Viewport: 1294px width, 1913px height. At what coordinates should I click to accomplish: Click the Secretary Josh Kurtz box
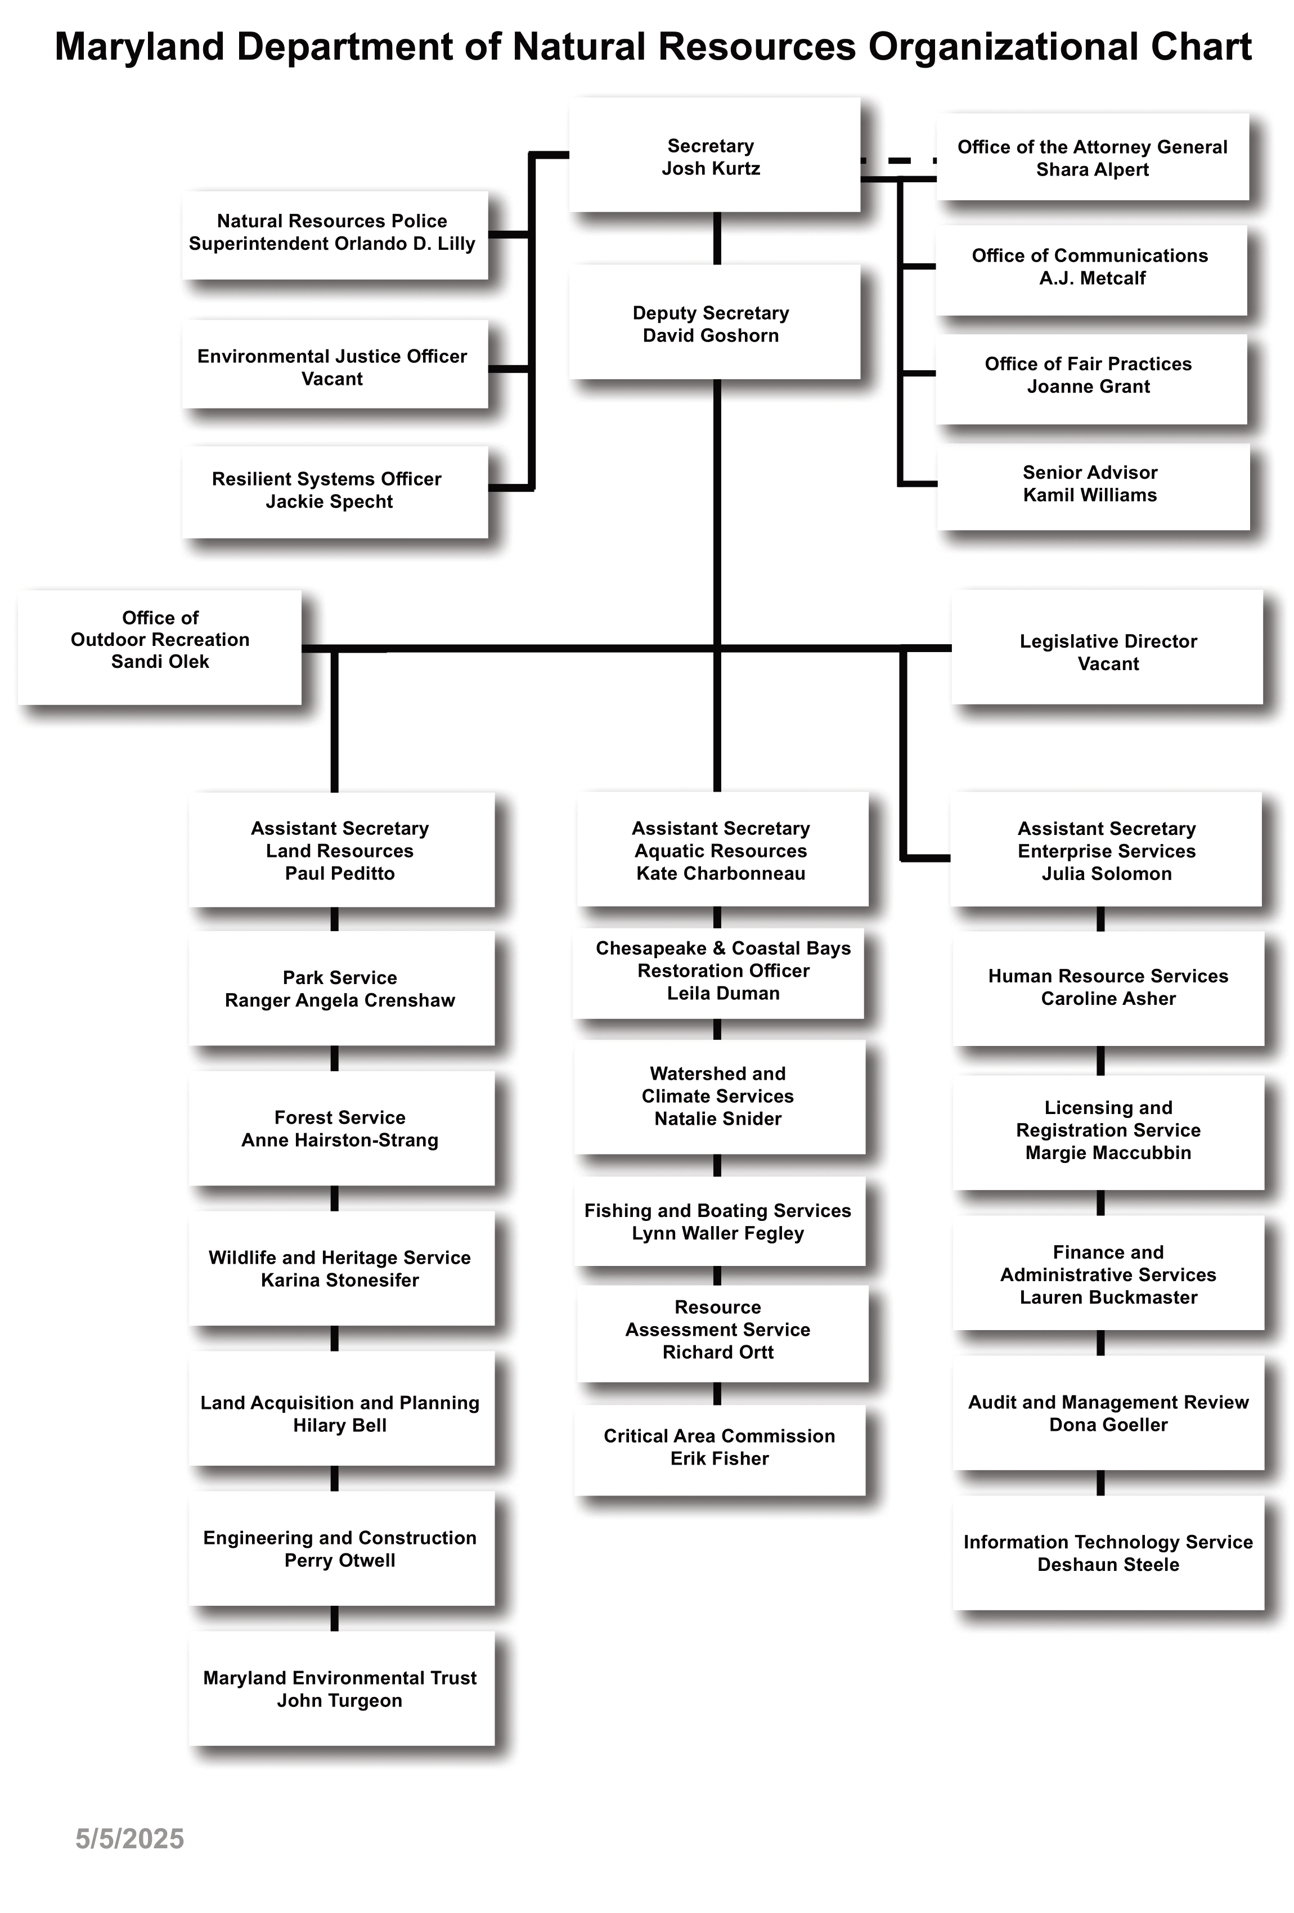point(715,155)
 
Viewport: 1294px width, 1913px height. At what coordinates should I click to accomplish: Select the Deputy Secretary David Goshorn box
point(715,322)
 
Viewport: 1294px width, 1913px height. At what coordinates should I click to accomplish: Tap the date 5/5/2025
point(130,1839)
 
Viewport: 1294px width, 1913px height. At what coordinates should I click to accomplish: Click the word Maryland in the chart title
point(140,48)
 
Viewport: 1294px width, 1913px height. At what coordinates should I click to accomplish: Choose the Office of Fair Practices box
point(1091,379)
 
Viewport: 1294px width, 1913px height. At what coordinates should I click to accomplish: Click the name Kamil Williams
point(1090,495)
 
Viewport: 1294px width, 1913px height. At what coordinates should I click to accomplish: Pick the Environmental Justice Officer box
point(335,365)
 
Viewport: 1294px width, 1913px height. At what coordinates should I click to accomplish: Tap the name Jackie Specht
point(329,501)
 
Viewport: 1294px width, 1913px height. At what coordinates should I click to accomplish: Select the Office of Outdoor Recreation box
point(160,647)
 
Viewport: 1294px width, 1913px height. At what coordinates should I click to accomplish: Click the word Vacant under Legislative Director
point(1108,663)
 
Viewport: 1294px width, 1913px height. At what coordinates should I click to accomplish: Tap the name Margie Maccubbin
point(1108,1152)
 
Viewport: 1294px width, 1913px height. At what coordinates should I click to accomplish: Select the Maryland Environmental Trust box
point(342,1689)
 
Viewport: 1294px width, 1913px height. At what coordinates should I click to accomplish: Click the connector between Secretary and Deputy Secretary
point(717,238)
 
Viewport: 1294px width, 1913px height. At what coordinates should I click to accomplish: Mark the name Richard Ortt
point(718,1351)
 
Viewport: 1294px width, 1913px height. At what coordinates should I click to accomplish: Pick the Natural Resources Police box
point(335,235)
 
